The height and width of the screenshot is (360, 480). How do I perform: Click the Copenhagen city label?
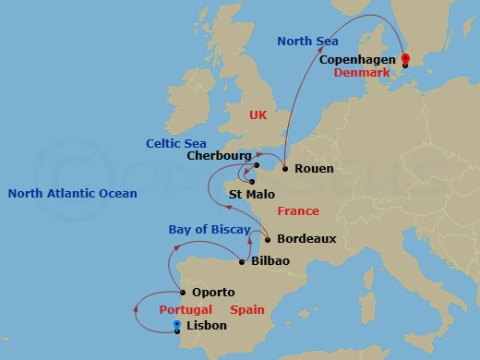click(357, 60)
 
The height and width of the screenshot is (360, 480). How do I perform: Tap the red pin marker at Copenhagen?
click(404, 60)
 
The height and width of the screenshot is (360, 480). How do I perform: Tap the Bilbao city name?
click(270, 261)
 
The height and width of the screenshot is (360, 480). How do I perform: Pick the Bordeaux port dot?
click(268, 239)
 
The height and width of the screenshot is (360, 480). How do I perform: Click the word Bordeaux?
click(306, 239)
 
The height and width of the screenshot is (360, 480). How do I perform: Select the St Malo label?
click(251, 194)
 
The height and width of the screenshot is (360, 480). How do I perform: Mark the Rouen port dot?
click(285, 169)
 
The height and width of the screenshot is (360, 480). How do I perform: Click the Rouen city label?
click(314, 169)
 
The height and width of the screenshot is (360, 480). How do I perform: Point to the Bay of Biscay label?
click(205, 229)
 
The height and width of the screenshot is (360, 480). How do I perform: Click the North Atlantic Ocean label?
click(72, 194)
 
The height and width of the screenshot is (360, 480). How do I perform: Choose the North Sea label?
click(308, 42)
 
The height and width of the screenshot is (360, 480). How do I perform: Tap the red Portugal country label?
click(186, 309)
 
